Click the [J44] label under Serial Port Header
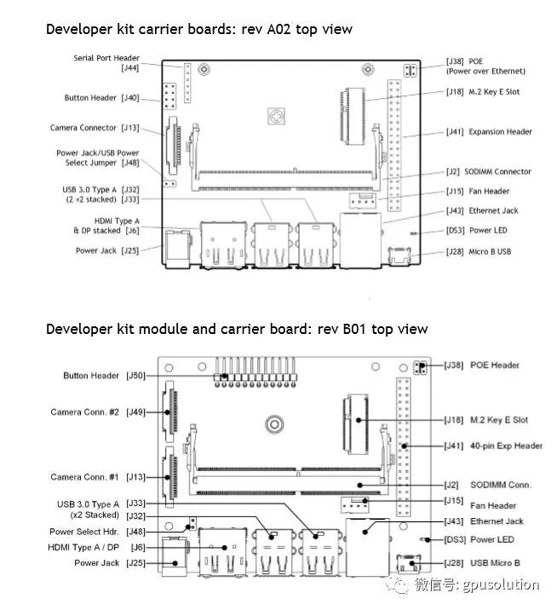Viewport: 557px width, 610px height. (130, 67)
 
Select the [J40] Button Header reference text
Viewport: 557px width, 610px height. (130, 98)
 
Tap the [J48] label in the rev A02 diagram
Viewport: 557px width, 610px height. (130, 163)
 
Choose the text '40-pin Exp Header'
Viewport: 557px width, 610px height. (507, 446)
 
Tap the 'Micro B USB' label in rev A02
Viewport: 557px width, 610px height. (495, 252)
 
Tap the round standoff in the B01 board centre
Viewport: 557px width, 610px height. (274, 423)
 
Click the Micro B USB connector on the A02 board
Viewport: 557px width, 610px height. (398, 253)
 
